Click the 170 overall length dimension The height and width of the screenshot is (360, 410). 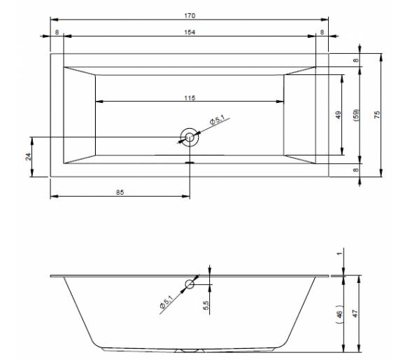(190, 15)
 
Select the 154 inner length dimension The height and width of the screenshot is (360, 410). (190, 32)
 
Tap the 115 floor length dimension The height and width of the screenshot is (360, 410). (190, 98)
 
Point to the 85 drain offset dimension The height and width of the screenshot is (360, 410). (120, 193)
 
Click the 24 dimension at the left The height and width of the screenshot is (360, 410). (28, 157)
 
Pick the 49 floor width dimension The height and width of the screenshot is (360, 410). (338, 115)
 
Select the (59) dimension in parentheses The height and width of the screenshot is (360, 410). (356, 115)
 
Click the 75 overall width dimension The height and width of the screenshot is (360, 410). (377, 115)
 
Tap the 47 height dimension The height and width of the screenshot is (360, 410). (355, 314)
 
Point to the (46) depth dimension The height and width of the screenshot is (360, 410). (339, 314)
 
